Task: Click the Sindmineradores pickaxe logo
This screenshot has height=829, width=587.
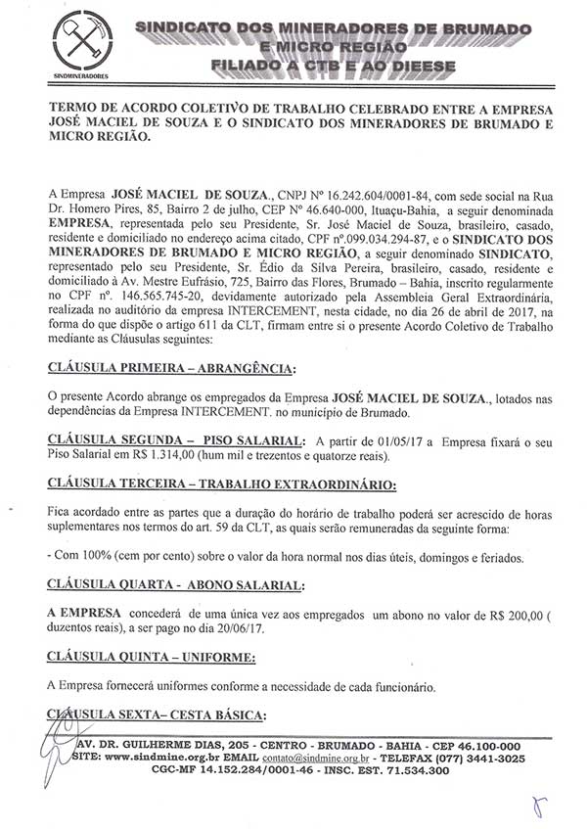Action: coord(80,44)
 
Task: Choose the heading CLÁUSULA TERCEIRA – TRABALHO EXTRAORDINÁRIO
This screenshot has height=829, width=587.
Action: coord(221,484)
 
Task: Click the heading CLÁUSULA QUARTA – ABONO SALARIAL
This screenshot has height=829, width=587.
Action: coord(161,584)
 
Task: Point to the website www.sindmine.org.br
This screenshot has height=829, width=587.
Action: coord(158,757)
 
